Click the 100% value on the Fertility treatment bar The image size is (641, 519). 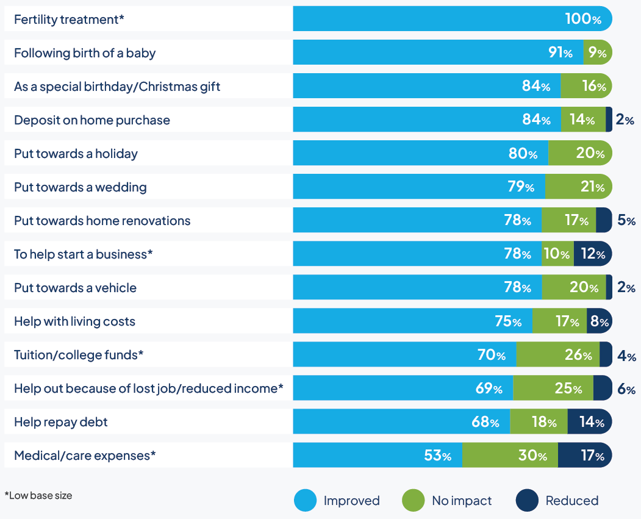point(582,19)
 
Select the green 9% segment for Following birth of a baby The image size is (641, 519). point(597,52)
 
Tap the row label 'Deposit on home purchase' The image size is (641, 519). point(92,120)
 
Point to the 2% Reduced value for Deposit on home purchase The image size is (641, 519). point(625,120)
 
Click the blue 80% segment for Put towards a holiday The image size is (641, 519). point(421,153)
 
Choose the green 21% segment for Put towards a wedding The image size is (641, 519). point(578,187)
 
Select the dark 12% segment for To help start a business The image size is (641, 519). point(592,254)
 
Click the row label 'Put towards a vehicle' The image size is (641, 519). point(76,288)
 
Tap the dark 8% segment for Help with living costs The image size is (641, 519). point(599,321)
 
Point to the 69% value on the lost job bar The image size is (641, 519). point(489,388)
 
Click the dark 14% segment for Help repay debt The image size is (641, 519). point(589,422)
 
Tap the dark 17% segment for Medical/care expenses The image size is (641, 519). point(584,456)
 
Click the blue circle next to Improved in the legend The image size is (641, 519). point(305,501)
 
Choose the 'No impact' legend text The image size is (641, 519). point(462,501)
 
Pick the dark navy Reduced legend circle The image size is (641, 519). point(527,501)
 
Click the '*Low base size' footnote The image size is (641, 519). point(38,496)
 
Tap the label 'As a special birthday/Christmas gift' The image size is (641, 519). point(117,87)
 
